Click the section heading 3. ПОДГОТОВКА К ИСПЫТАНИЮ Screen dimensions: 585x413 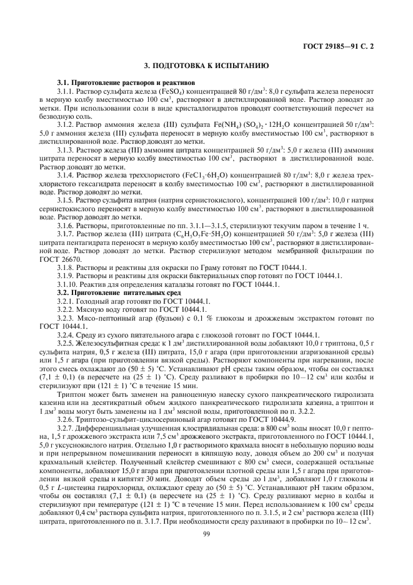[206, 65]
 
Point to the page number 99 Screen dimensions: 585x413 [206, 533]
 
